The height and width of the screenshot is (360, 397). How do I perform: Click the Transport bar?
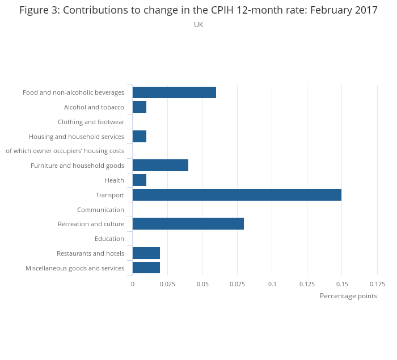point(236,195)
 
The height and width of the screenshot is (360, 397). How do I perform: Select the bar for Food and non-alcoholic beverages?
point(174,92)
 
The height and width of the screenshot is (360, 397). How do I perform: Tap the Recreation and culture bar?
point(188,224)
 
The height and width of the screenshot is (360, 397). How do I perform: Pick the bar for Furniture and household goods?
point(160,166)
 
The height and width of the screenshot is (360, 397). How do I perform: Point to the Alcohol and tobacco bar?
point(139,107)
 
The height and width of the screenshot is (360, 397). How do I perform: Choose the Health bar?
point(139,180)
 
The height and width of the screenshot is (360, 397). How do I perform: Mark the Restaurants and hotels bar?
point(146,253)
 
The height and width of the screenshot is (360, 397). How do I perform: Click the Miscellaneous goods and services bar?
point(146,268)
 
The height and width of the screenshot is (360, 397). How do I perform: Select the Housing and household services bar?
point(139,136)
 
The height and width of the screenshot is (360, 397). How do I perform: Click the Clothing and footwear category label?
point(91,122)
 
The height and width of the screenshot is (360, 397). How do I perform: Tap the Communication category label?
point(100,210)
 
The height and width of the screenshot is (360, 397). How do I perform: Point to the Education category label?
point(109,239)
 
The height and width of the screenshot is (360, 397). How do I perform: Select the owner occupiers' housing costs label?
point(65,151)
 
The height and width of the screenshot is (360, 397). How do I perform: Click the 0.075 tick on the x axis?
point(237,284)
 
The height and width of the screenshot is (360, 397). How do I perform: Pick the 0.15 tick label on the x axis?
point(341,284)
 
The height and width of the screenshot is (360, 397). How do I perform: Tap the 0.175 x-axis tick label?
point(377,284)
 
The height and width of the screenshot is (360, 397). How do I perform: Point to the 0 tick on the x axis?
point(133,284)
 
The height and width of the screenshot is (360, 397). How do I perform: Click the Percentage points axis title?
point(348,296)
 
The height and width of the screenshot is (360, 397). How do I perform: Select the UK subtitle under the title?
point(198,25)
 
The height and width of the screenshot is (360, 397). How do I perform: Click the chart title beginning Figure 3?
point(198,10)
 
